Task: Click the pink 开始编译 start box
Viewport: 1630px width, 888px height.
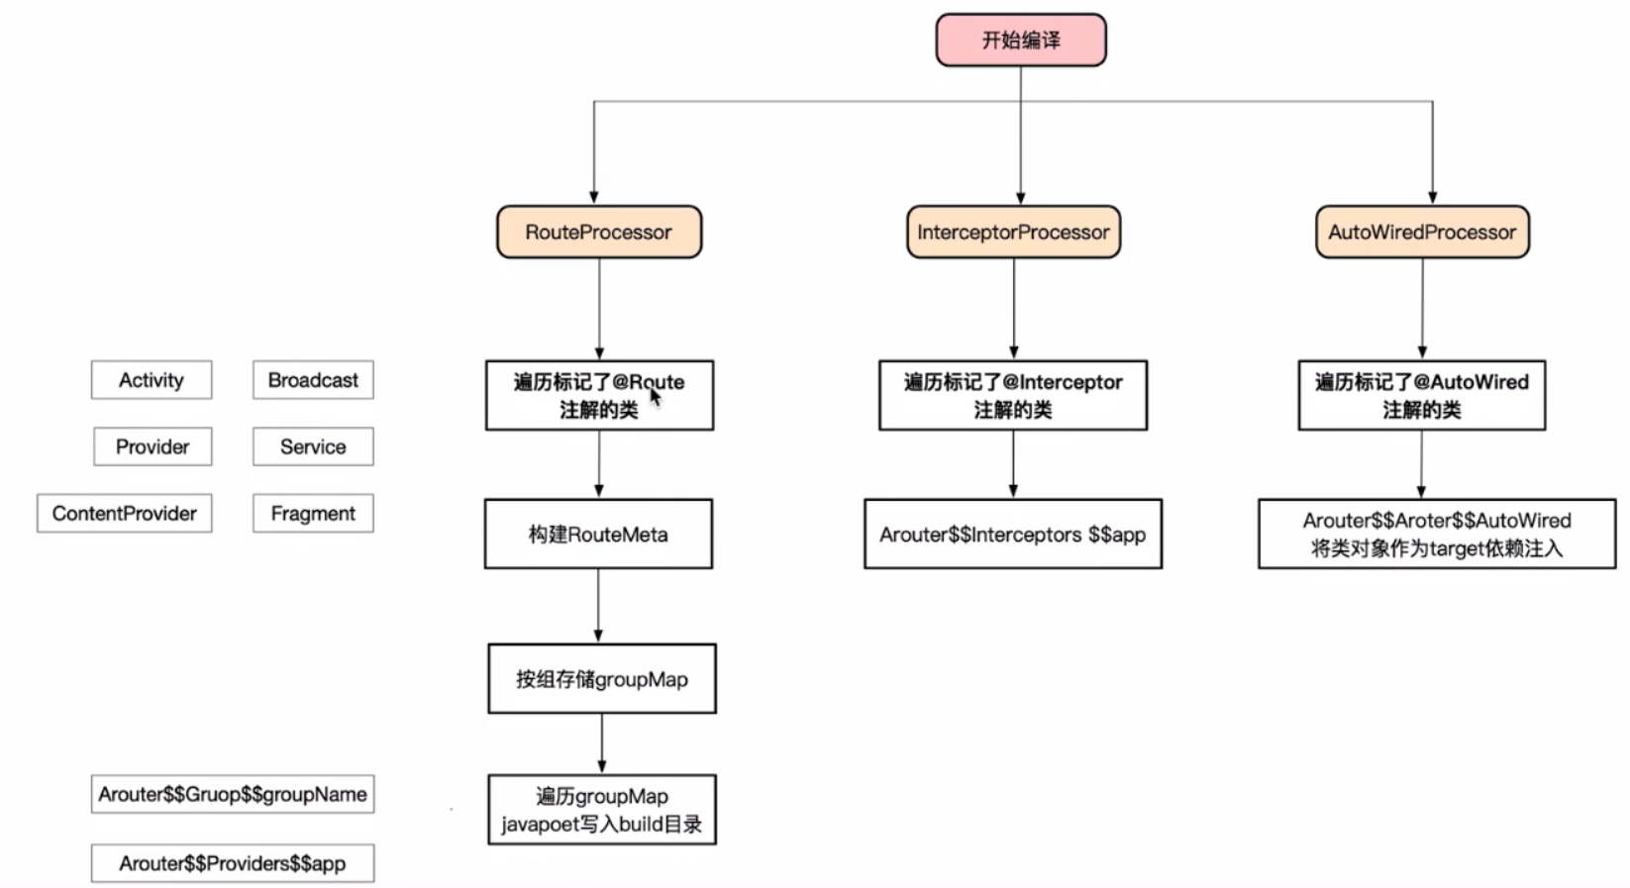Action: [x=1020, y=41]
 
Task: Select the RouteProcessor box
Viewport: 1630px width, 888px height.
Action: [x=598, y=233]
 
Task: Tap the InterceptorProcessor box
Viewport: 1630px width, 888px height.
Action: [x=1013, y=233]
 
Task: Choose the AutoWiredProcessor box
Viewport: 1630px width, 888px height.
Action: [x=1421, y=233]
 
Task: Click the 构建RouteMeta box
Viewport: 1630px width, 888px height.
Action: [x=598, y=535]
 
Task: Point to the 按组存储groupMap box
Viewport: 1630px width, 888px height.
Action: [x=601, y=679]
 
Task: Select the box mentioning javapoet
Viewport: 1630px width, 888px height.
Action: [x=601, y=810]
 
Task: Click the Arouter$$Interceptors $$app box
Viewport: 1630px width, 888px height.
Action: [x=1012, y=535]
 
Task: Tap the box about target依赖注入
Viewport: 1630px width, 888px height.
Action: [x=1436, y=535]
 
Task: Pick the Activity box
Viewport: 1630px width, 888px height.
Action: [x=152, y=380]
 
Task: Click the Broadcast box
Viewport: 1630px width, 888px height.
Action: [x=313, y=380]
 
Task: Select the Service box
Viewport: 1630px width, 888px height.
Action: [x=313, y=446]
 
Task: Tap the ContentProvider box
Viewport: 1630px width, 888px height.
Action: [x=125, y=514]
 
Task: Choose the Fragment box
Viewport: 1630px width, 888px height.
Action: [x=313, y=514]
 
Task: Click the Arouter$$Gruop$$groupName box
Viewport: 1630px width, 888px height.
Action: [x=233, y=794]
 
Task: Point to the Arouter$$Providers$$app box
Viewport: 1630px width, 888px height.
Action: [x=233, y=863]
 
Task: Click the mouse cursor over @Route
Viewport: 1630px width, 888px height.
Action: [x=655, y=397]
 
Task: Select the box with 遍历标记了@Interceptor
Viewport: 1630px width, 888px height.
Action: [x=1012, y=395]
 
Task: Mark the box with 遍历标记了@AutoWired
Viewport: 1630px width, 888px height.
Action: [x=1421, y=395]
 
